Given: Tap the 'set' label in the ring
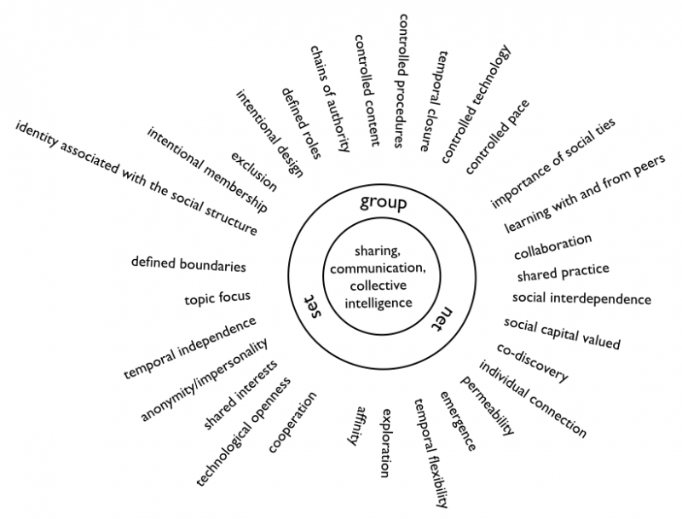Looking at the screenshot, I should point(312,303).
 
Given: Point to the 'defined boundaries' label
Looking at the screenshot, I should point(188,263).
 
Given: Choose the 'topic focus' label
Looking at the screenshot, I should point(217,298).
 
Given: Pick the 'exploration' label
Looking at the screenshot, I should point(385,440).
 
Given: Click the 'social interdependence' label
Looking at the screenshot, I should point(581,299).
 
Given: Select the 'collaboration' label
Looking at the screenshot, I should point(552,247).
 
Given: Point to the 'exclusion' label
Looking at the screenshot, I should point(254,171).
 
